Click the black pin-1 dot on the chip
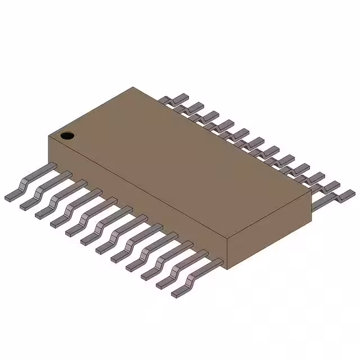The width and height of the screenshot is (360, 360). pos(67,135)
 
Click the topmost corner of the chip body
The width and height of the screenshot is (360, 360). pos(133,87)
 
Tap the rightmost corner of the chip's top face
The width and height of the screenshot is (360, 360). pos(311,190)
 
